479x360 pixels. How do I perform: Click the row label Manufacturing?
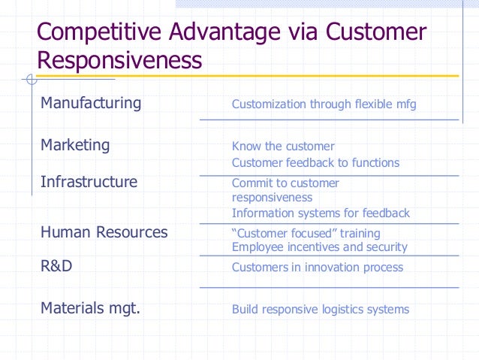click(90, 103)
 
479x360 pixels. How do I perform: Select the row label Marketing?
click(75, 145)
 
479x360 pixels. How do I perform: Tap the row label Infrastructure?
click(89, 182)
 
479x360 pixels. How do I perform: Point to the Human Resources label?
click(104, 232)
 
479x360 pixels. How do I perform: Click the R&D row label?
click(56, 266)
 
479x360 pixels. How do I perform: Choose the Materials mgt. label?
click(90, 307)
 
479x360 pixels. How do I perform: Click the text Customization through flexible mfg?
click(324, 104)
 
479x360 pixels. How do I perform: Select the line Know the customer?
click(283, 147)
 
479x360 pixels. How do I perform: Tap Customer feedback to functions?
click(315, 163)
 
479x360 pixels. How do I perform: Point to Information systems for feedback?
click(321, 213)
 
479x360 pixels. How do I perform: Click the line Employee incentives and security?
click(319, 247)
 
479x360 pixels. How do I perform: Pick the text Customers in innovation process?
click(317, 268)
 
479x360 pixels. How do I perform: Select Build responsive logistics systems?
click(320, 309)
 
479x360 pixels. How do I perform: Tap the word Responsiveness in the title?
click(119, 60)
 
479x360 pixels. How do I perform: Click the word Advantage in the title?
click(233, 33)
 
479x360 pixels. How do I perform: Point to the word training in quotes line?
click(359, 234)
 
